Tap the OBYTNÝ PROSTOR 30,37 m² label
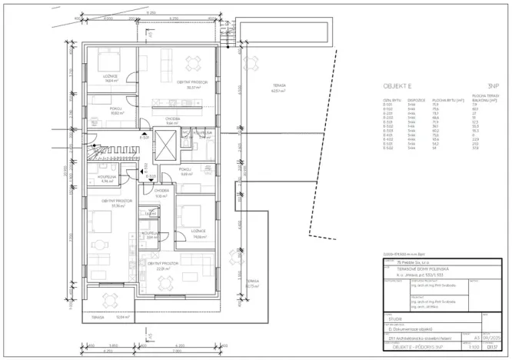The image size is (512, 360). [x=190, y=85]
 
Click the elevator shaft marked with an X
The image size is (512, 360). [x=165, y=145]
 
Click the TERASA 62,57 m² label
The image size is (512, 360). [x=278, y=88]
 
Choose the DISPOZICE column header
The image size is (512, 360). [x=416, y=100]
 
